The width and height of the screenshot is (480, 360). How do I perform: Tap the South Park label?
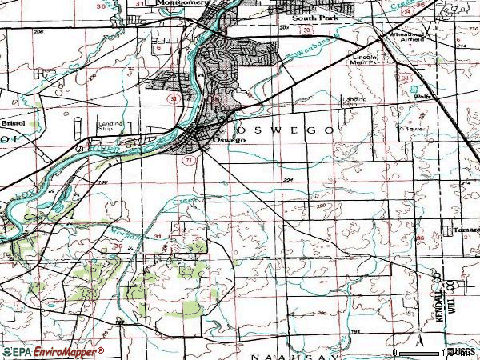310,16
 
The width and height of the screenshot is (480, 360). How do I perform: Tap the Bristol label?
13,124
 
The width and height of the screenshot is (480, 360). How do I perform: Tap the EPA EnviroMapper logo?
52,351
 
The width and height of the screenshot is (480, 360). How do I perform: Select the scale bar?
424,352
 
